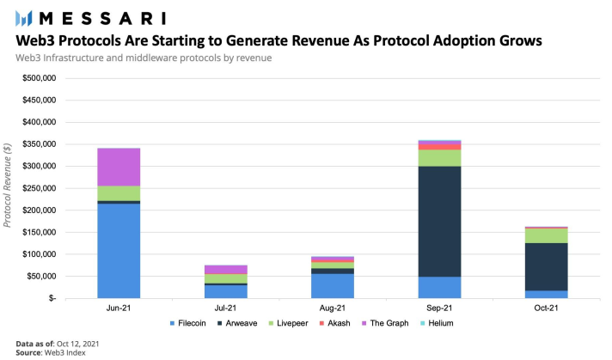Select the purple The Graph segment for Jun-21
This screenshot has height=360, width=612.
pyautogui.click(x=119, y=167)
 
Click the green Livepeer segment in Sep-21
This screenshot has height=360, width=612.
pyautogui.click(x=438, y=158)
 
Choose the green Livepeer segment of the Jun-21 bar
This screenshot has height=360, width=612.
pyautogui.click(x=119, y=193)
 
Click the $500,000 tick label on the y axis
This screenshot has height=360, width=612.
pyautogui.click(x=36, y=78)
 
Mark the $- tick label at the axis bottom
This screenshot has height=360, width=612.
pyautogui.click(x=50, y=298)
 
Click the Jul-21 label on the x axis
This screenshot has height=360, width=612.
pyautogui.click(x=226, y=308)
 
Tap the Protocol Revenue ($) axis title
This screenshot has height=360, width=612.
pyautogui.click(x=9, y=188)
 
